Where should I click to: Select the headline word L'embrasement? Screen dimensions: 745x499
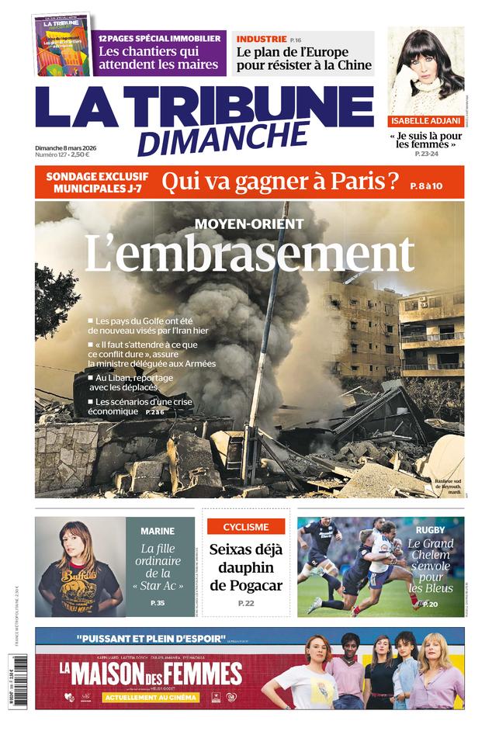(249, 253)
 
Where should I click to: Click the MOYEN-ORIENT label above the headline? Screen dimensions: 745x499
(249, 223)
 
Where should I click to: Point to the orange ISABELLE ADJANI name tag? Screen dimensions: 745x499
(425, 121)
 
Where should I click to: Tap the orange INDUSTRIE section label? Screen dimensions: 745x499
(262, 39)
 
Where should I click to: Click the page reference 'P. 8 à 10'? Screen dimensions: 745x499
(426, 185)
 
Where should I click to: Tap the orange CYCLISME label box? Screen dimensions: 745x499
(246, 527)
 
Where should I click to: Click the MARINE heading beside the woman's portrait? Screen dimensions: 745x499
(158, 531)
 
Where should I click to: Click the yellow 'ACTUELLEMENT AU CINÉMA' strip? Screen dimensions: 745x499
(140, 697)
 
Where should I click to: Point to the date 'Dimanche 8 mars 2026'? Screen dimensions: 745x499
(71, 147)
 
